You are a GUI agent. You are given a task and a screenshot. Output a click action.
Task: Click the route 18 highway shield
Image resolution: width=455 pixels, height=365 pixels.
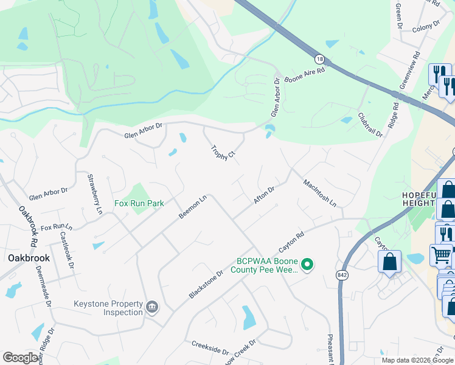[320, 59]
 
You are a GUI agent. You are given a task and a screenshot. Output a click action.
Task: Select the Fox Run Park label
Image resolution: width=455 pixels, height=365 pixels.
[139, 203]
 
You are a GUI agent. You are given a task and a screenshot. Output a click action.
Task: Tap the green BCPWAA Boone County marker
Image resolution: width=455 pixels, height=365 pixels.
[308, 264]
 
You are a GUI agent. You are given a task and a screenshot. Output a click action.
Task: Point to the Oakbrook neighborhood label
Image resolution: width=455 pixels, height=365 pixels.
[29, 258]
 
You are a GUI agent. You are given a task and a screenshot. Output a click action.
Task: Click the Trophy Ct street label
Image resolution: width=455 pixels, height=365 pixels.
[223, 153]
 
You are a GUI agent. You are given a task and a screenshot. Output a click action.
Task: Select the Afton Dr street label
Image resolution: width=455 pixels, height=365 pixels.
[264, 195]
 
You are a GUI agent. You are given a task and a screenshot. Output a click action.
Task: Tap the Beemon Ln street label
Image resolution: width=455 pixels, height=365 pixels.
[193, 207]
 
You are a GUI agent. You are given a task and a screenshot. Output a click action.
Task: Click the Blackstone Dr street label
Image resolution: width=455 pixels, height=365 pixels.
[206, 284]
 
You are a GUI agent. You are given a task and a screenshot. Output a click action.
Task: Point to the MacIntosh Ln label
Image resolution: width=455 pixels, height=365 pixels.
[320, 192]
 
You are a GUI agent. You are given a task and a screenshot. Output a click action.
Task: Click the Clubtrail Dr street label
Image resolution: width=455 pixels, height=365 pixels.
[370, 124]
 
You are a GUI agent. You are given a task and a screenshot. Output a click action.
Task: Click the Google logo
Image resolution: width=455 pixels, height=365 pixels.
[21, 357]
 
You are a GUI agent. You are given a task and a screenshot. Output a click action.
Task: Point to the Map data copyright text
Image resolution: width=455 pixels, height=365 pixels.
[418, 360]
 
